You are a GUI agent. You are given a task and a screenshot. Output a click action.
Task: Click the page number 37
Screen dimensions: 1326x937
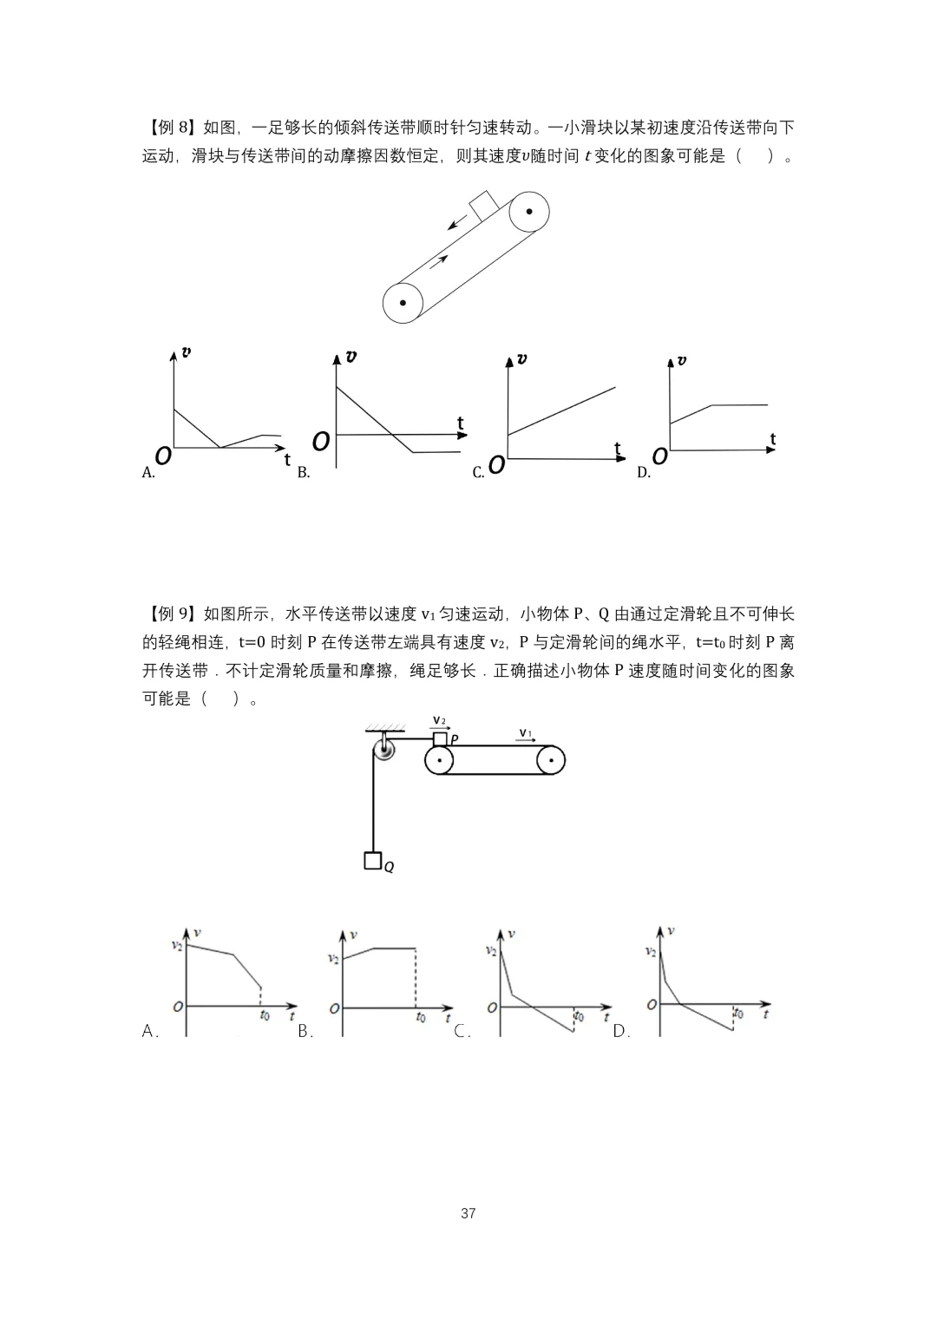(468, 1212)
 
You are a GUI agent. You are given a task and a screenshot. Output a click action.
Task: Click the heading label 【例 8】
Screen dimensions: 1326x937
(170, 128)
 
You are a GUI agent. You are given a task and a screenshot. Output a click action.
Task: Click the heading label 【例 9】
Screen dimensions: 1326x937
(170, 614)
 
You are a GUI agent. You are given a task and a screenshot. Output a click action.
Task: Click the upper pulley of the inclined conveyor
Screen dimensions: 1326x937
(528, 213)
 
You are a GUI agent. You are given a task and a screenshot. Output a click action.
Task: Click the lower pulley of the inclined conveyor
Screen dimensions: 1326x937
(403, 303)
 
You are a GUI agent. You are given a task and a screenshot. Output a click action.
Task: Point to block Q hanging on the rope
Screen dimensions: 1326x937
(373, 861)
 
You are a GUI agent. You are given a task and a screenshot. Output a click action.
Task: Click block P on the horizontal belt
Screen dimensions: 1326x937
(440, 738)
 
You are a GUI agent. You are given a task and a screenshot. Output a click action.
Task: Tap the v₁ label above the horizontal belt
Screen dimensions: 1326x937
(525, 733)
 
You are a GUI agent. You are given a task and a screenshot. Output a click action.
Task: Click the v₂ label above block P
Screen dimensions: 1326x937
(439, 720)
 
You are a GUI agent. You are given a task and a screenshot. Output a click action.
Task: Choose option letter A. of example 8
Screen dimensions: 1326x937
(148, 473)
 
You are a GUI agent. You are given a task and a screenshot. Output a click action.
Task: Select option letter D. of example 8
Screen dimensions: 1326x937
(644, 473)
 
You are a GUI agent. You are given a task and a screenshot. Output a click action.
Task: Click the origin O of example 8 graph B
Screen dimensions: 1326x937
(321, 442)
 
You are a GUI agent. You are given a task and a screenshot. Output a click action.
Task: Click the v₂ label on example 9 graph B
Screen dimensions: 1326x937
(333, 958)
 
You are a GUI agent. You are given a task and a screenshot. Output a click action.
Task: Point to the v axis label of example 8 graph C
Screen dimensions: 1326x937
(521, 358)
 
